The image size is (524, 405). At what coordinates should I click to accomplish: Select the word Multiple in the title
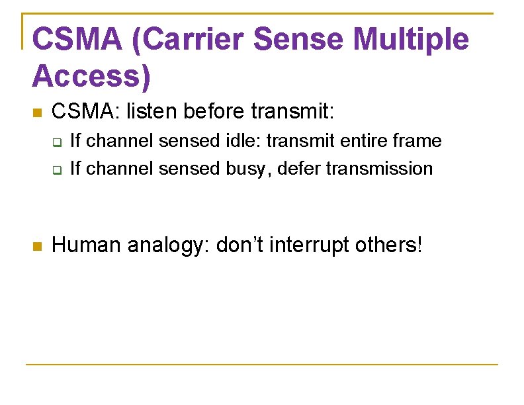(412, 40)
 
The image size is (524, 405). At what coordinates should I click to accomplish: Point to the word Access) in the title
(91, 76)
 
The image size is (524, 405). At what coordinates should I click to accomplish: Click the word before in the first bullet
(210, 112)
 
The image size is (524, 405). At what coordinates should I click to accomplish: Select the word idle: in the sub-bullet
(247, 141)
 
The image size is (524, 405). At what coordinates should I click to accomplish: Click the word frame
(417, 141)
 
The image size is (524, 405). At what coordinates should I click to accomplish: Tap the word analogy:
(169, 246)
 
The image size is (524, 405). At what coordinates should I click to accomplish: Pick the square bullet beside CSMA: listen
(37, 114)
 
